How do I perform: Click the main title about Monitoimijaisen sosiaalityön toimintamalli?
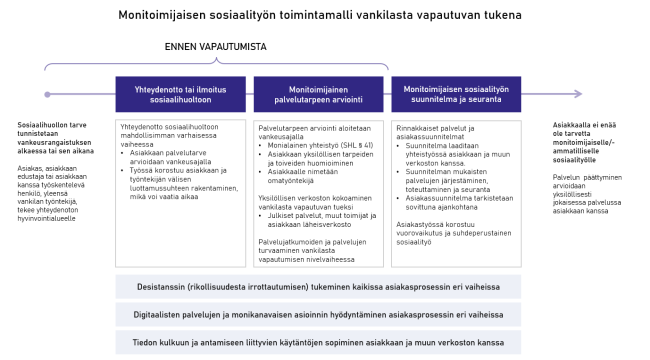(324, 15)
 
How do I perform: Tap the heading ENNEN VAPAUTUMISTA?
(215, 47)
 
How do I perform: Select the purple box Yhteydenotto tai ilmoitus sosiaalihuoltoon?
(181, 95)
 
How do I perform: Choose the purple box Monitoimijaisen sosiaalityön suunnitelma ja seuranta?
(455, 95)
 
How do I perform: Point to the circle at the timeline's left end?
(44, 95)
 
